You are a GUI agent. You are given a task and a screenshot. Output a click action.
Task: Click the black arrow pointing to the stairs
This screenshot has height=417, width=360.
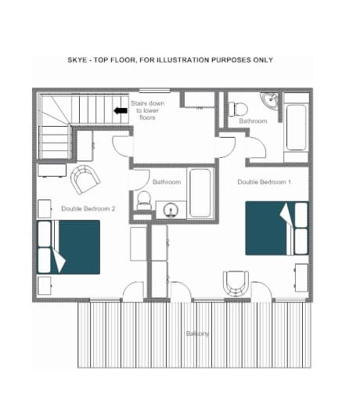coord(121,111)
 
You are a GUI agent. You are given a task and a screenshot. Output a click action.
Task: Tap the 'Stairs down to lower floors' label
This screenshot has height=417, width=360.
coord(146,111)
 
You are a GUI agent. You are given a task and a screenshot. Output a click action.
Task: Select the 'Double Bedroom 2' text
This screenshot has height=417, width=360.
coord(88,208)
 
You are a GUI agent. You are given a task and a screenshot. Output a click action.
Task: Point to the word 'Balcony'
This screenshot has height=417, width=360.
coord(197,334)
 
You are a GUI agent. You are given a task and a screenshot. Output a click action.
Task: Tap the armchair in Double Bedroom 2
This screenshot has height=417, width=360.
coord(85,179)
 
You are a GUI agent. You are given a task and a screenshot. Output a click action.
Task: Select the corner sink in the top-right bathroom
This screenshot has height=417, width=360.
coord(271,101)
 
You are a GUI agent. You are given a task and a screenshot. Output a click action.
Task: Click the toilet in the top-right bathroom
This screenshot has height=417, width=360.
coord(239,109)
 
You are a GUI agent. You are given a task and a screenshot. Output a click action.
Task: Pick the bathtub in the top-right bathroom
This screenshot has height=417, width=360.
coord(297,125)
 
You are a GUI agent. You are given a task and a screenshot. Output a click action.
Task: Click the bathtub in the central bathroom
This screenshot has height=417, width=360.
coord(200,192)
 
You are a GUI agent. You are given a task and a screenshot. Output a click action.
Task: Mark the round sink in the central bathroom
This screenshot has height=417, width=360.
coord(170,209)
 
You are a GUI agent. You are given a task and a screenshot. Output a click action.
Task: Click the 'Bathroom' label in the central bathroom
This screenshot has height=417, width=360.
coord(167,182)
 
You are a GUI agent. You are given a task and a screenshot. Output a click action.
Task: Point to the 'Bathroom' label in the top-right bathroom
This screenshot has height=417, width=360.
coord(253,121)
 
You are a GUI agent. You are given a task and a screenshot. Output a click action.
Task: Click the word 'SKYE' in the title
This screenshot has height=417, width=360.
coord(79,59)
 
